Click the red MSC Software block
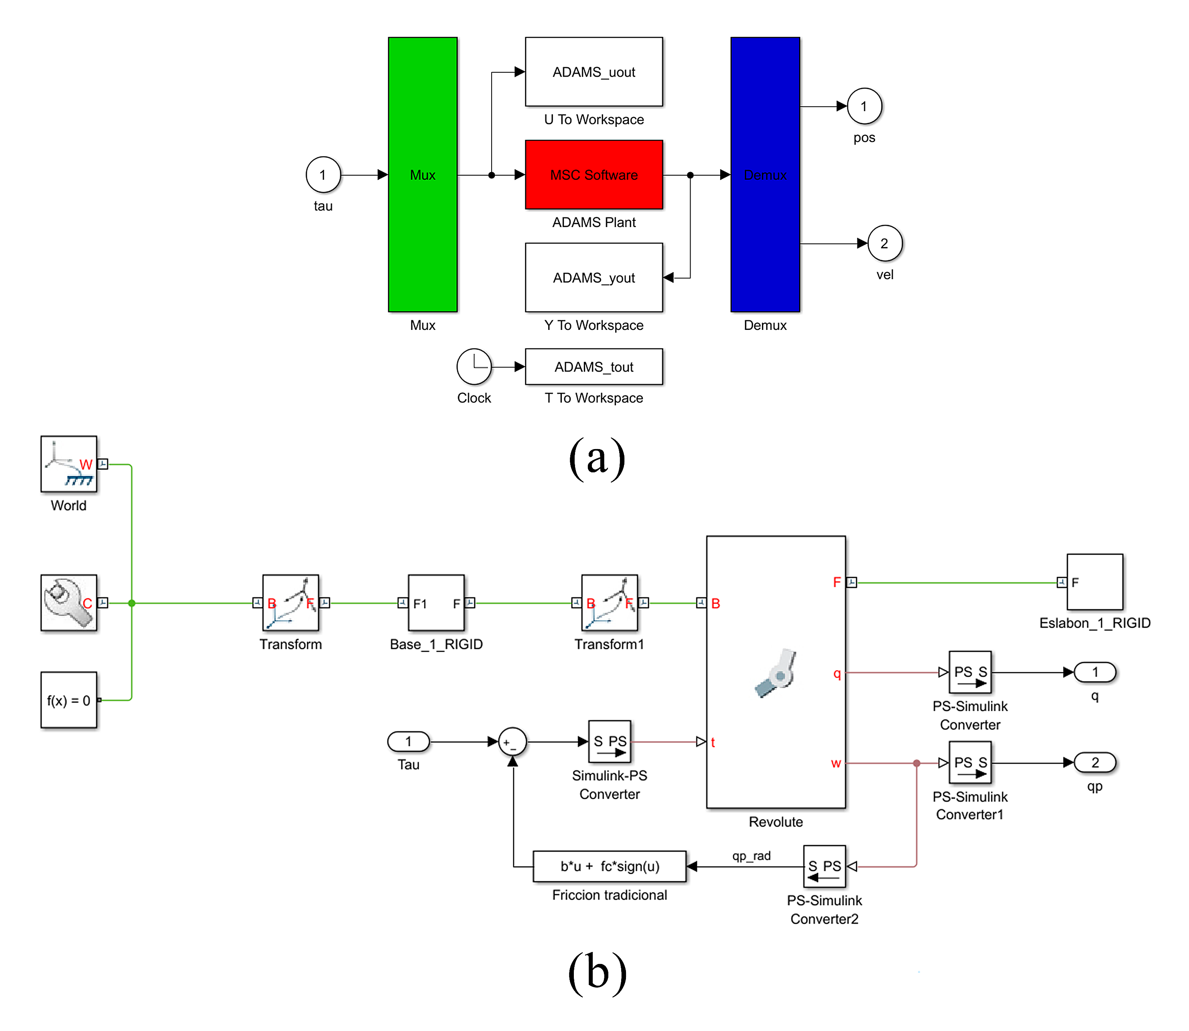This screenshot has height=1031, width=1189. pyautogui.click(x=593, y=175)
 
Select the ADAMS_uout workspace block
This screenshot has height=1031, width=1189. pyautogui.click(x=593, y=72)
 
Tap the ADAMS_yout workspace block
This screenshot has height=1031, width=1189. pyautogui.click(x=593, y=278)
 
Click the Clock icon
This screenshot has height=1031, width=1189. pyautogui.click(x=474, y=366)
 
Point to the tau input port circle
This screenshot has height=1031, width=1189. pyautogui.click(x=323, y=175)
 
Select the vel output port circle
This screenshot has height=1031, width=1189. pyautogui.click(x=884, y=243)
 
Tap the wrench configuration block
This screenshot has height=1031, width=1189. pyautogui.click(x=69, y=603)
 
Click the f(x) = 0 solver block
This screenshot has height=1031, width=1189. pyautogui.click(x=69, y=700)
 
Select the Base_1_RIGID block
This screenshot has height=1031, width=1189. pyautogui.click(x=436, y=603)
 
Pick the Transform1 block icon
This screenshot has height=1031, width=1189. pyautogui.click(x=609, y=603)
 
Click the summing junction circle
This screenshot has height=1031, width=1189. pyautogui.click(x=512, y=742)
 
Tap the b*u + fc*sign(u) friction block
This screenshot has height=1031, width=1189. pyautogui.click(x=610, y=866)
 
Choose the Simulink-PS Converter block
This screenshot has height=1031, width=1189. pyautogui.click(x=610, y=742)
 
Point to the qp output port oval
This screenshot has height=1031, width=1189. pyautogui.click(x=1095, y=763)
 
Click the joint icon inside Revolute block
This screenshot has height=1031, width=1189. pyautogui.click(x=776, y=673)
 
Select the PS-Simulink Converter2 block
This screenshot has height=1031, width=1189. pyautogui.click(x=824, y=866)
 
